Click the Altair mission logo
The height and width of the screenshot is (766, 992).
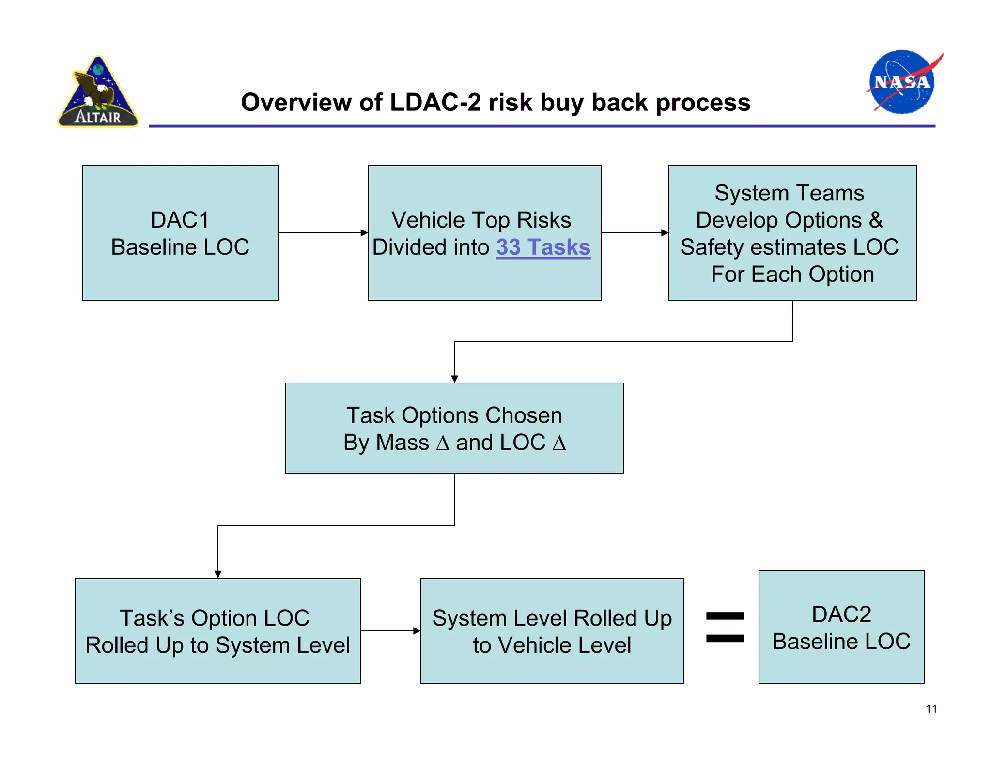click(98, 92)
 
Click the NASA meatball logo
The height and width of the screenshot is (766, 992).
click(901, 82)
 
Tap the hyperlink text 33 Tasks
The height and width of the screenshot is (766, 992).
click(543, 247)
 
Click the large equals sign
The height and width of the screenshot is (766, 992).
click(725, 628)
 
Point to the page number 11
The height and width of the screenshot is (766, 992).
click(931, 709)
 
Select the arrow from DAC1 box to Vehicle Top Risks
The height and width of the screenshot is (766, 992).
click(323, 233)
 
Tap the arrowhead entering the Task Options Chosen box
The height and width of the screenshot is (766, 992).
click(454, 379)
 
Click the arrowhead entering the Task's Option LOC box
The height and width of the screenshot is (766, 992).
click(218, 574)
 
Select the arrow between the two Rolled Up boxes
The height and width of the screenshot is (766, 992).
click(390, 631)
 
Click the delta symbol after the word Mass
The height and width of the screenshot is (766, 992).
click(442, 443)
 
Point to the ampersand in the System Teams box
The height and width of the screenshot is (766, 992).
click(876, 220)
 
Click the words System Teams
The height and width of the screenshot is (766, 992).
click(789, 193)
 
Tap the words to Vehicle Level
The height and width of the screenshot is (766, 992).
click(552, 645)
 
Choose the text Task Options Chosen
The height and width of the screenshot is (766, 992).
click(454, 415)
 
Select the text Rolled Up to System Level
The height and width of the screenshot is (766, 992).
click(217, 645)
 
